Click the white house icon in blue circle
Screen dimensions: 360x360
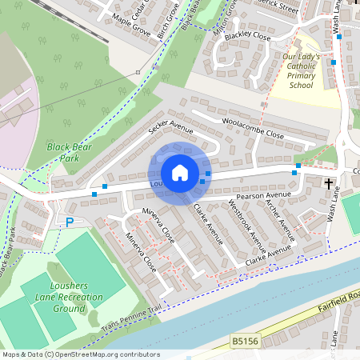[x=180, y=173]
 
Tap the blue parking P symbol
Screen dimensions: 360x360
[x=70, y=221]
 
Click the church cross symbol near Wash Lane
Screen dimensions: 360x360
[x=329, y=184]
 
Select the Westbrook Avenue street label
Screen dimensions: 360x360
[x=245, y=222]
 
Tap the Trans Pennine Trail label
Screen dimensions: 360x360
[x=132, y=322]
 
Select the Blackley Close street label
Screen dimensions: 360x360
[x=247, y=36]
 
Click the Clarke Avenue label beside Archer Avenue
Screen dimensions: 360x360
[x=268, y=255]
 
